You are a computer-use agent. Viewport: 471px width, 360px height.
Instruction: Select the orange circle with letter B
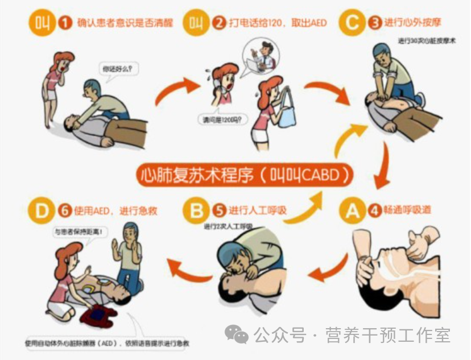point(196,210)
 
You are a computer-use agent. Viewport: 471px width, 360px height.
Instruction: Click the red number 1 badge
point(66,23)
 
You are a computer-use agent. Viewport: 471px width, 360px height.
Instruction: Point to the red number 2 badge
point(218,23)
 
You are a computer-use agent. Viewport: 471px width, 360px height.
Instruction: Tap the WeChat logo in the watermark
point(236,334)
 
